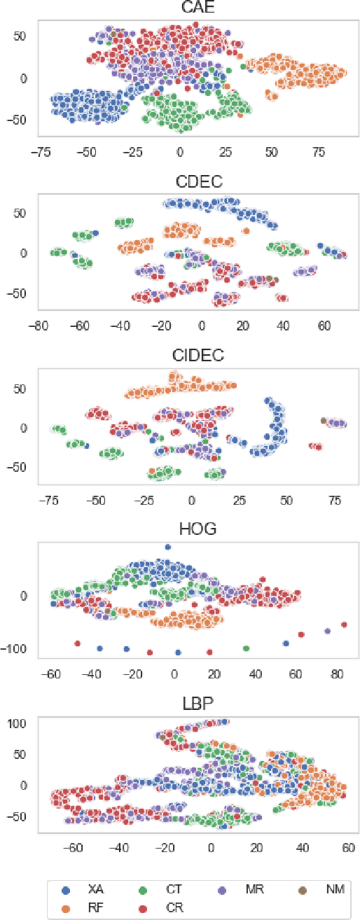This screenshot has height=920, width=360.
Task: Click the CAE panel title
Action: coord(196,8)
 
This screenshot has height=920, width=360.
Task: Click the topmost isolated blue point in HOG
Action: coord(167,547)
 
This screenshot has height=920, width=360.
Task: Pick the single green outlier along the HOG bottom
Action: coord(246,648)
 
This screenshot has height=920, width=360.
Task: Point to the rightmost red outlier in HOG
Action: coord(344,625)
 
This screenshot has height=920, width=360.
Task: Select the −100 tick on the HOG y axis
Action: coord(20,649)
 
